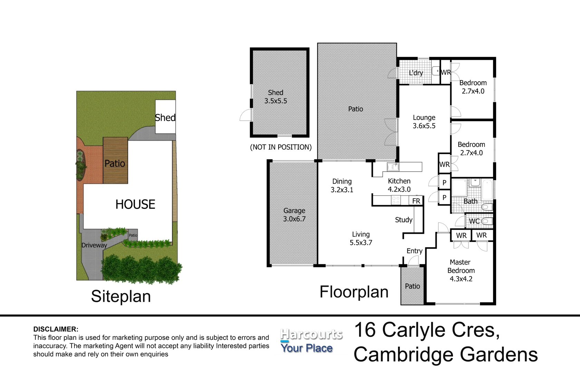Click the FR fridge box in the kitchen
point(416,201)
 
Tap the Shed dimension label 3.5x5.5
point(275,101)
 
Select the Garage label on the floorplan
point(294,210)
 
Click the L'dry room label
point(416,73)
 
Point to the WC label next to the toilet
point(474,221)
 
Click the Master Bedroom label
point(461,266)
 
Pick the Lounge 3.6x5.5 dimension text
point(424,126)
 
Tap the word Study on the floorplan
point(404,220)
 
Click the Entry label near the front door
point(414,251)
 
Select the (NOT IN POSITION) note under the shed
point(281,147)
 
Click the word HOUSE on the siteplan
point(135,204)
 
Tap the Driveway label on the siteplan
point(94,245)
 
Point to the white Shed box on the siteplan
point(165,117)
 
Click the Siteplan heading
point(121,296)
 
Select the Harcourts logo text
point(311,334)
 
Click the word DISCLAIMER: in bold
point(56,329)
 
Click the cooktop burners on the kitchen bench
point(395,200)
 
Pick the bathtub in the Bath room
point(487,189)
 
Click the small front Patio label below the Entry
point(412,286)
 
